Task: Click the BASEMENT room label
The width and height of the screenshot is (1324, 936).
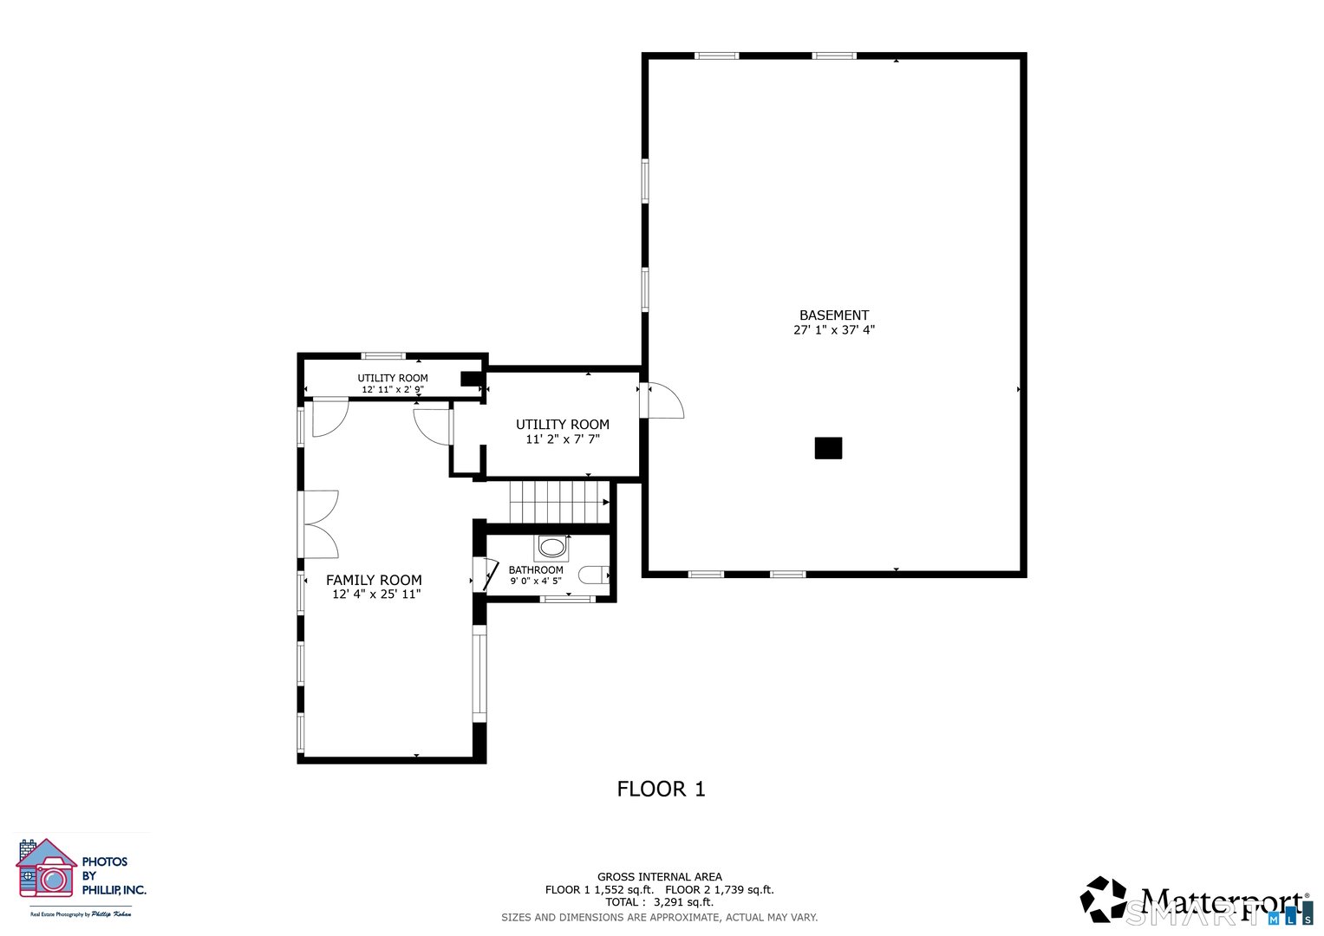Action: point(833,315)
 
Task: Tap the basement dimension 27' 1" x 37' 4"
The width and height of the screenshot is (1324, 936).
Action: point(833,330)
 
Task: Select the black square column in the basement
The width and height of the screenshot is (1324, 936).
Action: point(828,448)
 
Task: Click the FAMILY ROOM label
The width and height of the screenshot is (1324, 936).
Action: point(374,580)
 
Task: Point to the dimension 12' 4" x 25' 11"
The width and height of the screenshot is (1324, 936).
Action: point(376,595)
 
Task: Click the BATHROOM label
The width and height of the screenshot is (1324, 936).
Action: point(536,570)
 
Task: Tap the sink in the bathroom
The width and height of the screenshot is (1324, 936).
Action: point(551,547)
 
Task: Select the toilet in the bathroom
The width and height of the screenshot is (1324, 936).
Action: point(594,575)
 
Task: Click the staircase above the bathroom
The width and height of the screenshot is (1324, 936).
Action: point(559,503)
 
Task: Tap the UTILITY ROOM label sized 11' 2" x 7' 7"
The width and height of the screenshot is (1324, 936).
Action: point(563,425)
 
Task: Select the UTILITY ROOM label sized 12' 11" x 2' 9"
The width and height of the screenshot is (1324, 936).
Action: point(393,378)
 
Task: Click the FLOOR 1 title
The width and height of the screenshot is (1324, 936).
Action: point(661,789)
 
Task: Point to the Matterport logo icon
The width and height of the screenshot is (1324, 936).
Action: point(1103,899)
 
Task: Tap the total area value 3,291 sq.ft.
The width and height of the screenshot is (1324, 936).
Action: point(683,902)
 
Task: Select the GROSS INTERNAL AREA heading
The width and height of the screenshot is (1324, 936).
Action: point(659,877)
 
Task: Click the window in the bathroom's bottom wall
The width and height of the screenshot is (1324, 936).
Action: point(567,599)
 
